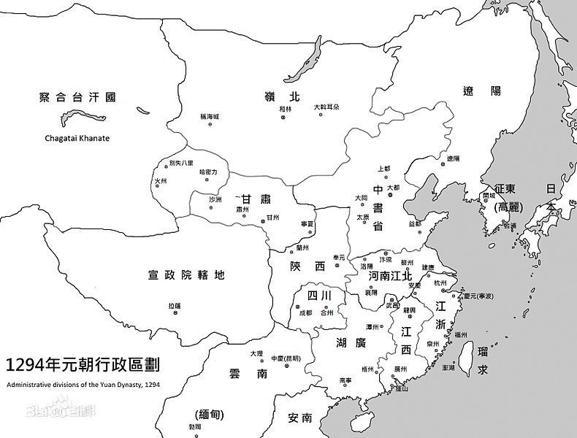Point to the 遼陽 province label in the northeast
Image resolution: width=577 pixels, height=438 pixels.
click(481, 91)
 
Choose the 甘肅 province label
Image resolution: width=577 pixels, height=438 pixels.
click(256, 199)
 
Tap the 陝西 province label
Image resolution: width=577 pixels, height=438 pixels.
click(307, 266)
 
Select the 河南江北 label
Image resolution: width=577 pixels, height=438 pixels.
click(390, 276)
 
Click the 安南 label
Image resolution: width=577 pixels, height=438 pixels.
click(300, 418)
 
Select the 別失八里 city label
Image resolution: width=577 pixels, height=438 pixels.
click(181, 162)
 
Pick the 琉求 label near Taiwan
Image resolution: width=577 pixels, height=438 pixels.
click(481, 361)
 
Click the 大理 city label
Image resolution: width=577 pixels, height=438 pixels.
click(256, 353)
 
